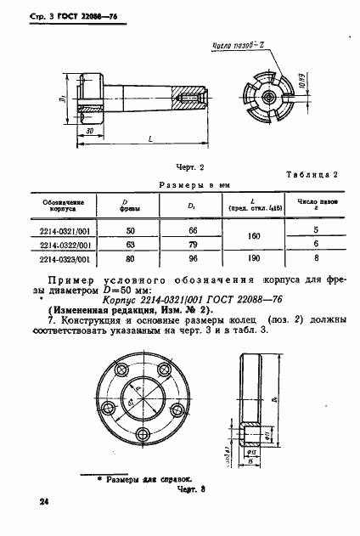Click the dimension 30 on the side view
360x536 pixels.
88,131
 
